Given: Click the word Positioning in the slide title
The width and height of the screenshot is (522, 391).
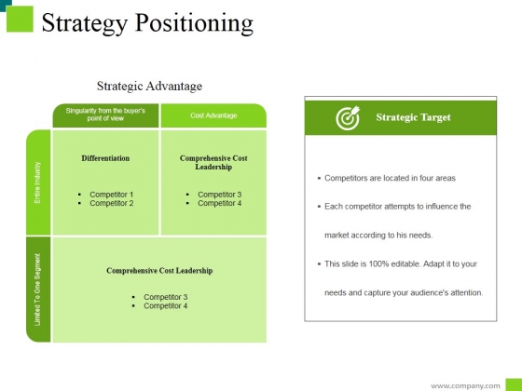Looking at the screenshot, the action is coord(194,23).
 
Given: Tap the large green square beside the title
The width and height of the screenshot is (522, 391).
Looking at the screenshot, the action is coord(20,19).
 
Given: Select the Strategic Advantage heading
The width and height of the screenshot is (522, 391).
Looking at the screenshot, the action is coord(149,86).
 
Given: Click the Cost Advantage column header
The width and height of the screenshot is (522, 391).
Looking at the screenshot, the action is coord(213,115).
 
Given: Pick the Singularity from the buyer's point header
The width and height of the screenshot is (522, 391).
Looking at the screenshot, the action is coord(105,115).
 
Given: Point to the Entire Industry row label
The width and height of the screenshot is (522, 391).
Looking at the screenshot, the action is coord(37,182).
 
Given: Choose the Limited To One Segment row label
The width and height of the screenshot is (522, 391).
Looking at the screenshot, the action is coord(37,290).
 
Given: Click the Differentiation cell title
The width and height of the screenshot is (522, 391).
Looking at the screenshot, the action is coord(105,158).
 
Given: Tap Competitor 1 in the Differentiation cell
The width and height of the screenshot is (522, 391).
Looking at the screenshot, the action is coord(112,195).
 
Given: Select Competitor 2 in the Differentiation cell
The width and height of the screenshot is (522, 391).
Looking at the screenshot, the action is coord(112,203).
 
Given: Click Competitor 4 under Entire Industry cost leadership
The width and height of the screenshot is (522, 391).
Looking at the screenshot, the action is coord(220,203).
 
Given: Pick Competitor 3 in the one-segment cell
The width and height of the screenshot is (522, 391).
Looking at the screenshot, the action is coord(166,297).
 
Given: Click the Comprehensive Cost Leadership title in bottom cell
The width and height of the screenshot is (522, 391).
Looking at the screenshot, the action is coord(159,271).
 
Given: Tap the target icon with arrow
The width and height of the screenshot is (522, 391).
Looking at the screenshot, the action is coord(348,117).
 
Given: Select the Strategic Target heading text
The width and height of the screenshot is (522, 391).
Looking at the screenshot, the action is coord(414,117).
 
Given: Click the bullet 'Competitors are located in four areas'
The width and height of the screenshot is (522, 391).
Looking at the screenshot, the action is coord(390,178).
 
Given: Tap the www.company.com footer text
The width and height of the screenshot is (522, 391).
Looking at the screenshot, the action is coord(465,386).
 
